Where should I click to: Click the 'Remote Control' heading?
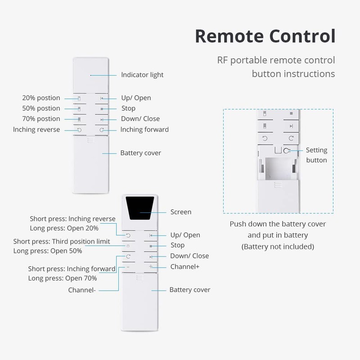265,36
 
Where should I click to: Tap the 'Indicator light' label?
142,75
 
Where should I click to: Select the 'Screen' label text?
180,212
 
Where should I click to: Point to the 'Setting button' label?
316,155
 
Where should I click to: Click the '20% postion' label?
41,98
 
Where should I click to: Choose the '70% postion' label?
41,119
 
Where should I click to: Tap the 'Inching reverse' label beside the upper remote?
36,130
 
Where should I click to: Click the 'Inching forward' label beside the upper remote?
144,130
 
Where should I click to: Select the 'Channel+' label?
184,267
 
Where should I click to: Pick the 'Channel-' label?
82,290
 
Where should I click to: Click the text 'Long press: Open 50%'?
48,251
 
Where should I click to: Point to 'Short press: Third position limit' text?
62,242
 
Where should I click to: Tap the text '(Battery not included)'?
278,247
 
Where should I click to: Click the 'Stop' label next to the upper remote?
128,108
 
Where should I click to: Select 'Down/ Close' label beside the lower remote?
189,256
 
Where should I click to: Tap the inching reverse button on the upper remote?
80,130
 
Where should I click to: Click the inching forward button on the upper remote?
102,130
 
